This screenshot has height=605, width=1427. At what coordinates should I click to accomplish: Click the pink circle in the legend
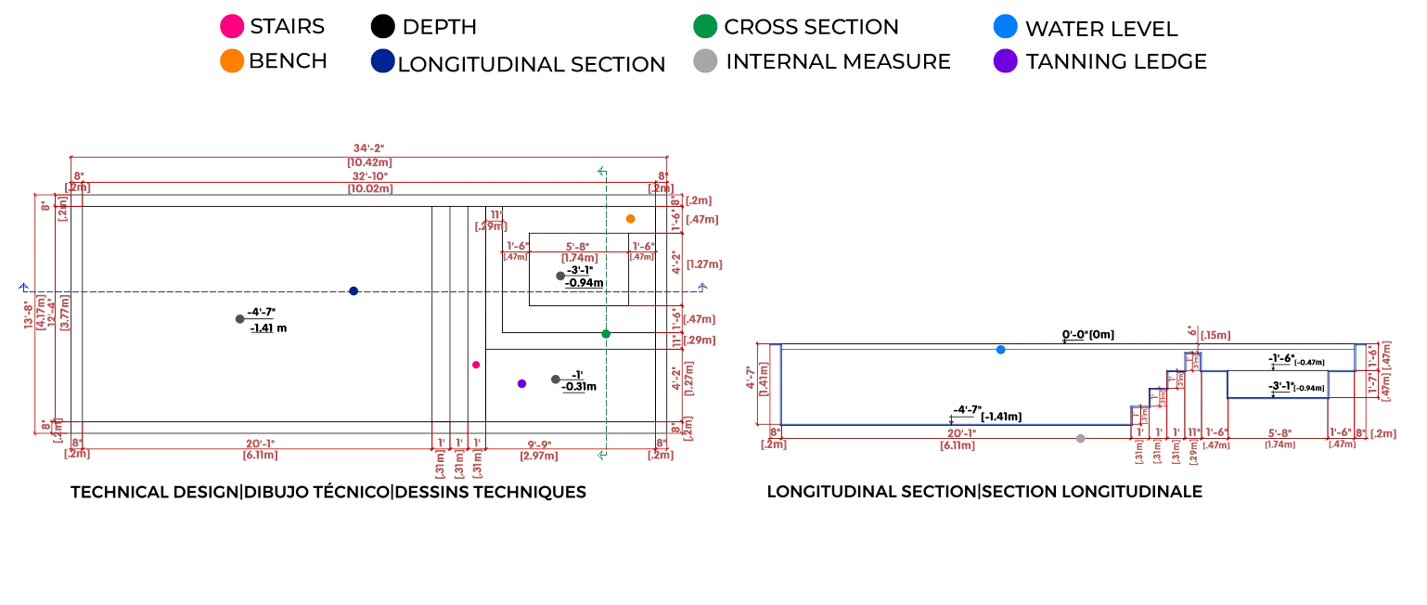(231, 26)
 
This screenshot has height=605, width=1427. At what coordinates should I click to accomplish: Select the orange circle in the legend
(231, 61)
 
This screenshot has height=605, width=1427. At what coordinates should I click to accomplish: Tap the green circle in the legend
(705, 26)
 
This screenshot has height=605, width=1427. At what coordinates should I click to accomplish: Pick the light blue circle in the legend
(1006, 26)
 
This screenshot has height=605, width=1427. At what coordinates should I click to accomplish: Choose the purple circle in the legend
(1006, 61)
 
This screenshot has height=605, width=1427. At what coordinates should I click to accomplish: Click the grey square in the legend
(705, 61)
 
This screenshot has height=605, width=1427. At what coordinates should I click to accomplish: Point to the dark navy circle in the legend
(382, 61)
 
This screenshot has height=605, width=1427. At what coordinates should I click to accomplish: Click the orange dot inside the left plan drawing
(630, 219)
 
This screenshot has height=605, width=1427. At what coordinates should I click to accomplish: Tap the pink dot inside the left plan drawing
(476, 365)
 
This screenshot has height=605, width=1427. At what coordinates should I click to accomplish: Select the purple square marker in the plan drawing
(521, 385)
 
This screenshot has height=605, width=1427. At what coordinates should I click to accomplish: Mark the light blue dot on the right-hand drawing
(1000, 350)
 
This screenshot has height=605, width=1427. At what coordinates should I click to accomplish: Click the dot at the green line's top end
(601, 171)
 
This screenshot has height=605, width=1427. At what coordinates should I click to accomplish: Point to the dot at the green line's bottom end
(601, 455)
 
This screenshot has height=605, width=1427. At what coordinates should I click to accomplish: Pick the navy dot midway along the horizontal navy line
(354, 290)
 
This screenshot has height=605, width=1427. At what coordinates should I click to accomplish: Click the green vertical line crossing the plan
(604, 390)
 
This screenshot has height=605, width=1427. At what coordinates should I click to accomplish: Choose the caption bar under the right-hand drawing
(983, 490)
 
